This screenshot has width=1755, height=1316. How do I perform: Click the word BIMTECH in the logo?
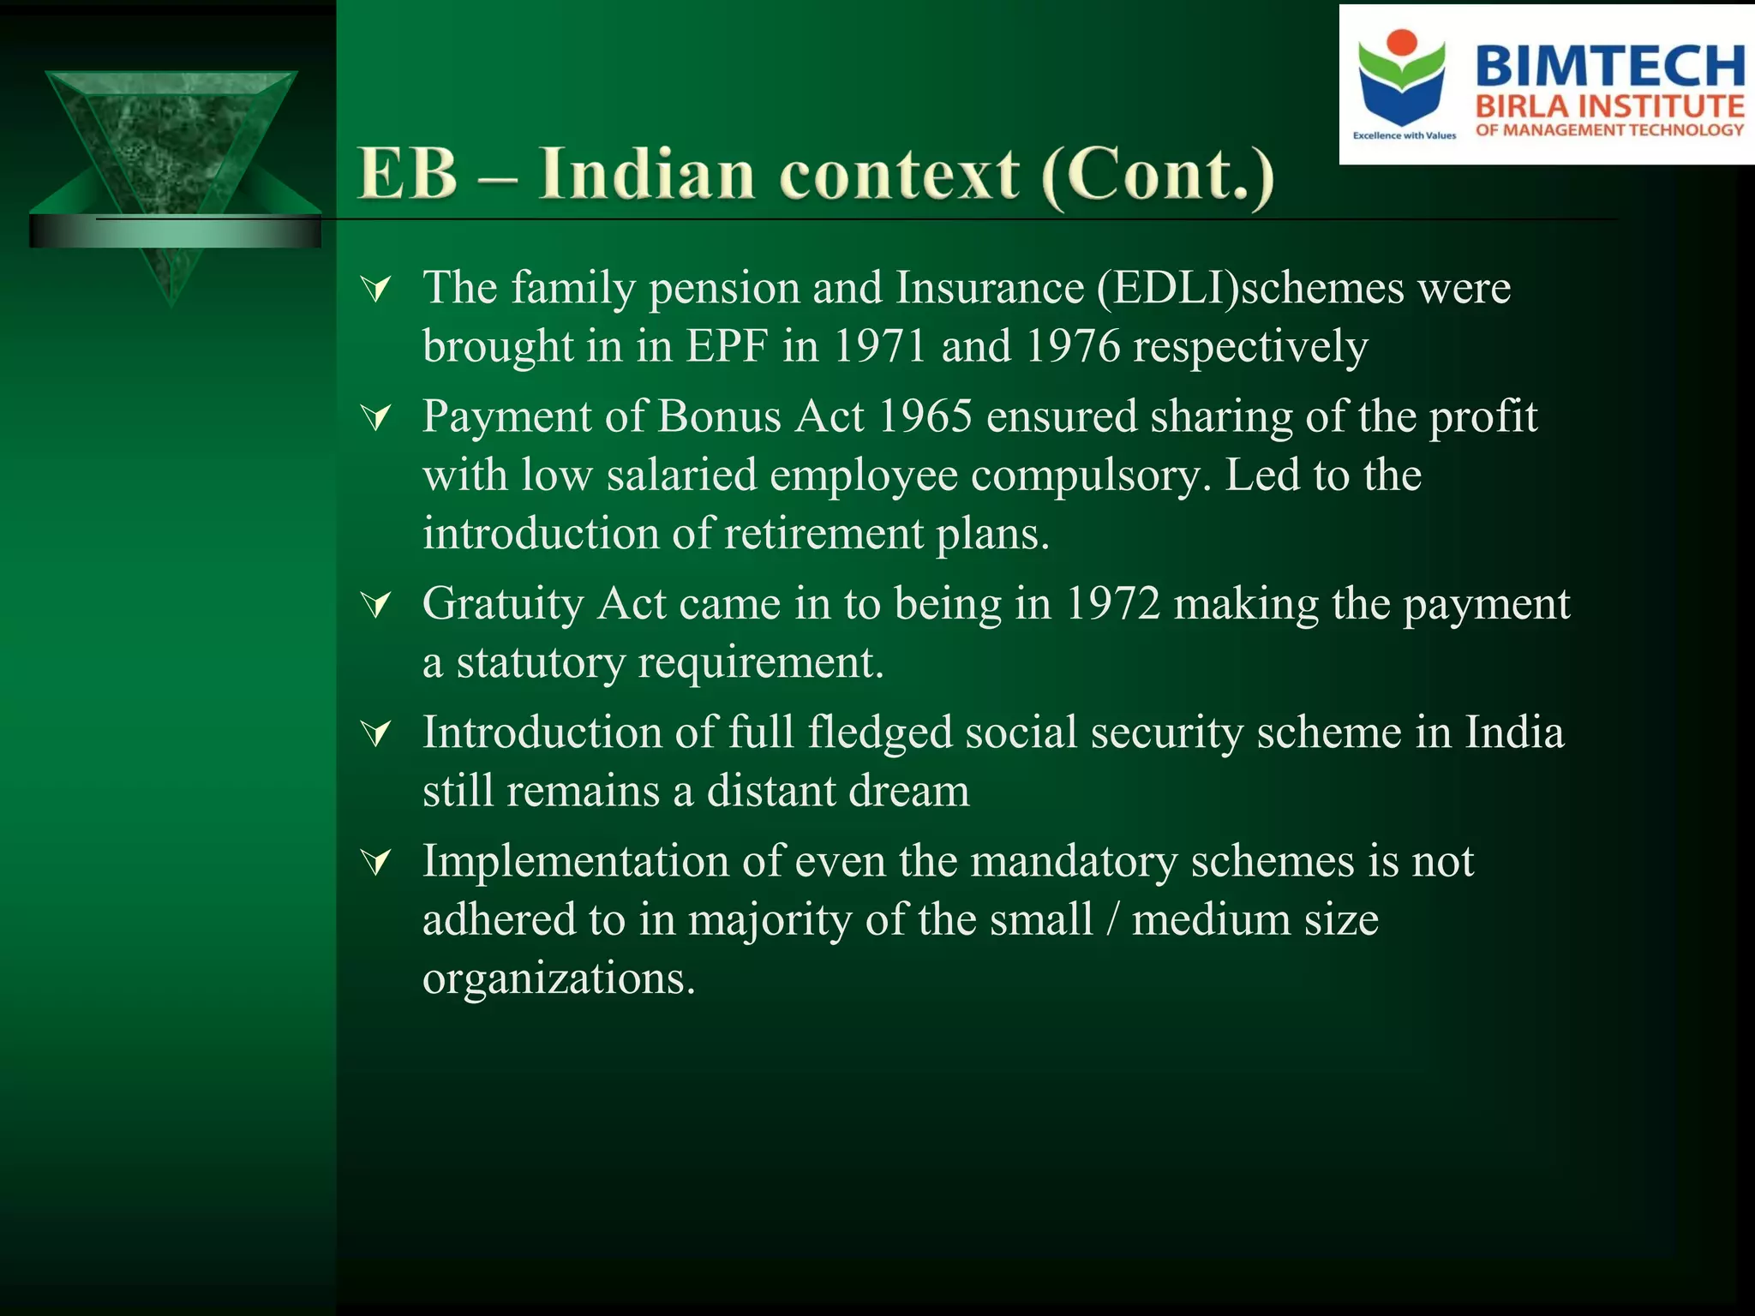pos(1609,66)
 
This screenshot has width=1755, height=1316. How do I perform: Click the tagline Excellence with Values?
pos(1404,135)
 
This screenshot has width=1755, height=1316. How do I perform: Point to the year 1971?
pos(880,346)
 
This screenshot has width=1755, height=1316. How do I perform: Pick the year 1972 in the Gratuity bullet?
pos(1112,604)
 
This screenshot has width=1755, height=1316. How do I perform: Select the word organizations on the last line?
pos(558,978)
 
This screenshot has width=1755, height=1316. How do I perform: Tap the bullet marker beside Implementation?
pos(376,862)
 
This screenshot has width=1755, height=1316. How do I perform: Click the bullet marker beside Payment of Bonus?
pos(376,418)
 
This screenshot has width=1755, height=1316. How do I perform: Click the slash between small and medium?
pos(1112,920)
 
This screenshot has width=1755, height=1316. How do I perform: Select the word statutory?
pos(540,663)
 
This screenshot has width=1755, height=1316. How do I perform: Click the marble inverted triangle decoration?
pos(171,146)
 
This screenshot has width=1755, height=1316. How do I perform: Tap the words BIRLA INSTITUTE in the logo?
pos(1609,106)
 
